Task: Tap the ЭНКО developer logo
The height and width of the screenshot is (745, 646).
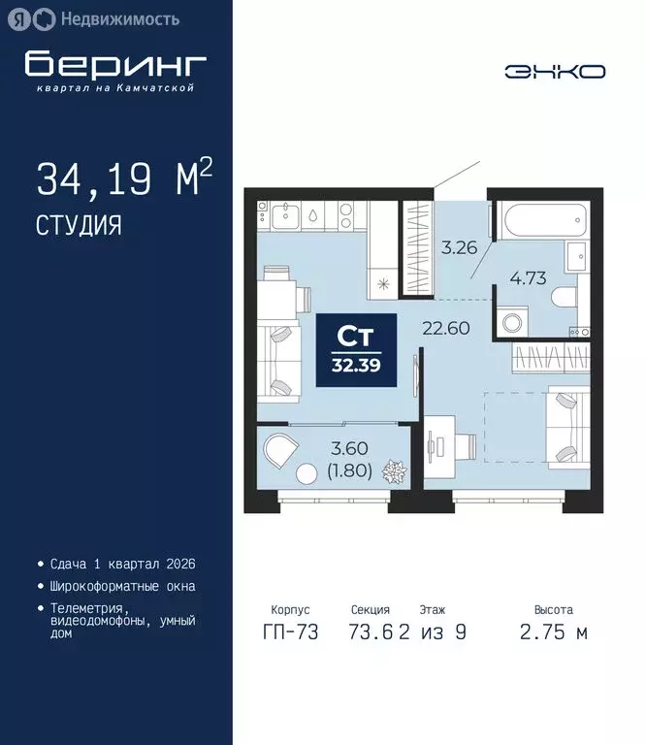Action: tap(555, 71)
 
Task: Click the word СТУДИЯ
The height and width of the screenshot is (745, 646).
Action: tap(79, 225)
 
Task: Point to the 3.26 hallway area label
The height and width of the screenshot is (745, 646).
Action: tap(460, 247)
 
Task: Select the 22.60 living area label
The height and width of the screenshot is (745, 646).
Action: tap(445, 328)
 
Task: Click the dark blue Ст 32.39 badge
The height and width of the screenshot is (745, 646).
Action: tap(357, 350)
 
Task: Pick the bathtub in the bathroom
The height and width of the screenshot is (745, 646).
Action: tap(535, 222)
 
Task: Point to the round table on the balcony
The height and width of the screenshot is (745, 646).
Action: tap(307, 474)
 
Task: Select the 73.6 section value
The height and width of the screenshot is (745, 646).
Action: tap(371, 632)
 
